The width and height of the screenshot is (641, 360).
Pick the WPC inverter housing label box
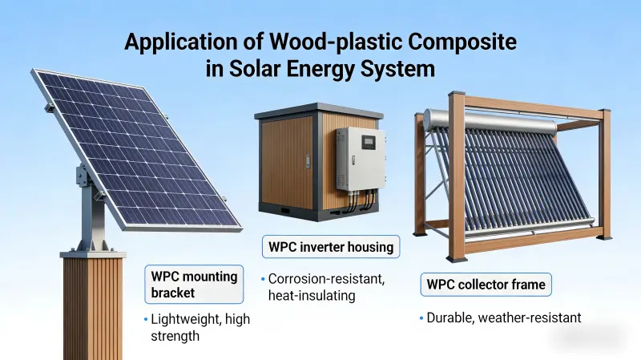tap(330, 247)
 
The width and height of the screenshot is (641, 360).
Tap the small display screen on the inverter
tap(368, 144)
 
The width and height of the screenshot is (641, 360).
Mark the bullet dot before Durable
tap(421, 319)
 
